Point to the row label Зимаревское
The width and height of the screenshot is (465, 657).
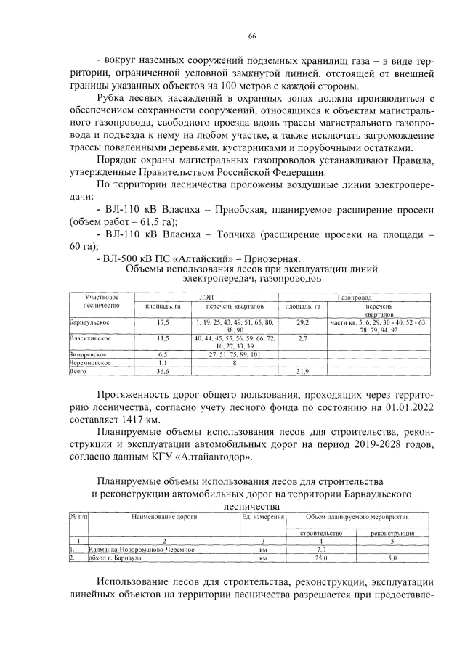coord(89,355)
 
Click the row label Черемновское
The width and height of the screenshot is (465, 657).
coord(90,362)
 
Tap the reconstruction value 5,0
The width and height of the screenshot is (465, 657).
coord(392,558)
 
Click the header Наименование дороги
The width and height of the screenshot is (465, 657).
coord(164,516)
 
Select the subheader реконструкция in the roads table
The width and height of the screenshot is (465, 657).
coord(392,533)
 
